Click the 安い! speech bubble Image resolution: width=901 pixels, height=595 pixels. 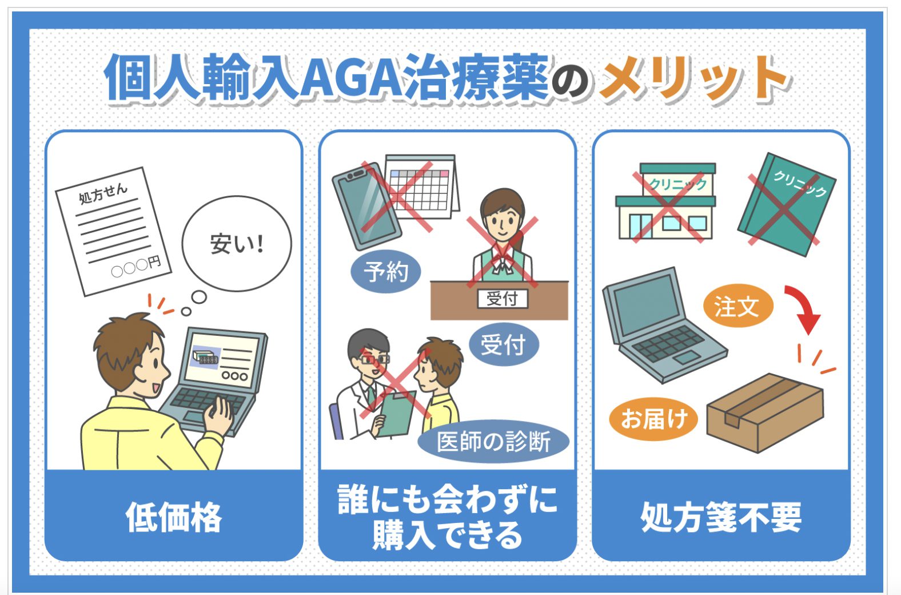[x=237, y=244]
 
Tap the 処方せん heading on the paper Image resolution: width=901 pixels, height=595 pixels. [x=103, y=193]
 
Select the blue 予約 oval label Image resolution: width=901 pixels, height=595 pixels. [x=386, y=271]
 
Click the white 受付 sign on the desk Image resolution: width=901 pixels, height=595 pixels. [x=503, y=299]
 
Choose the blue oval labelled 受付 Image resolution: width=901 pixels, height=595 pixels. [x=504, y=344]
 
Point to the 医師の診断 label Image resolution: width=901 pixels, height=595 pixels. [x=493, y=442]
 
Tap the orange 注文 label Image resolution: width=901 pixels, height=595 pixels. [x=737, y=306]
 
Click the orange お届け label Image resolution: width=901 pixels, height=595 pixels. [x=653, y=419]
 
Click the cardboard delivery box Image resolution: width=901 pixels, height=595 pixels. [x=765, y=412]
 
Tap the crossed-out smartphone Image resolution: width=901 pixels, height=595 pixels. [x=366, y=206]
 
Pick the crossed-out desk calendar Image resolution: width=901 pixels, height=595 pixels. [x=421, y=187]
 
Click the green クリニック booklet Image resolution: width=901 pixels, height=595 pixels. [x=787, y=204]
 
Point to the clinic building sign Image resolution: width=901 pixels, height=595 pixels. [x=678, y=185]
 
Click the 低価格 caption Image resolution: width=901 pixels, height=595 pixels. [x=174, y=517]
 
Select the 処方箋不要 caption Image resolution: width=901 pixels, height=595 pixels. [x=721, y=517]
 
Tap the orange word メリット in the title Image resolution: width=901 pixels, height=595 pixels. [x=694, y=77]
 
